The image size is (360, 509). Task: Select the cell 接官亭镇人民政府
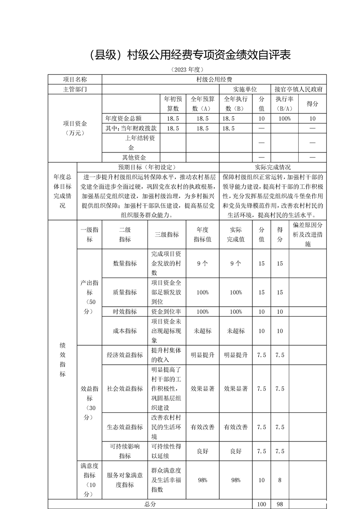point(298,89)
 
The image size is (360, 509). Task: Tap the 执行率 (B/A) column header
point(283,103)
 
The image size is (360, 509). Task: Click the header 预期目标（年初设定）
point(148,167)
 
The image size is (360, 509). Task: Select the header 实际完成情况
point(273,167)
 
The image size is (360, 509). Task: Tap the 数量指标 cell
point(125,264)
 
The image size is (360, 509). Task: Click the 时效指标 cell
point(125,312)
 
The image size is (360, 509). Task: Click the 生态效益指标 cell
point(125,427)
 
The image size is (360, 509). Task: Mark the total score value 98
point(280,504)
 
